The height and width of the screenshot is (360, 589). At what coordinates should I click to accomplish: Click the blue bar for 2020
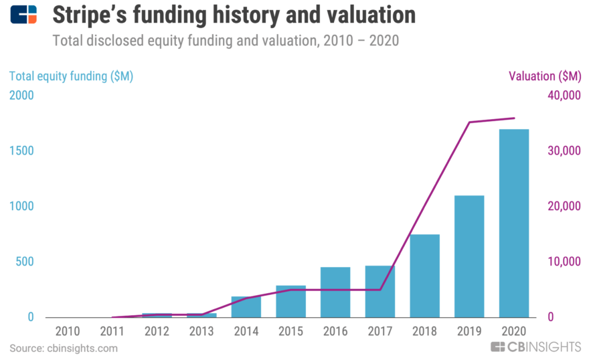[513, 223]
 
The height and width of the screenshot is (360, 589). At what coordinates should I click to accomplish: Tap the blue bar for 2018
[424, 276]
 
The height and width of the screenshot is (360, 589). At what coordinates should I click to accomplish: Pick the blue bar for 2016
[335, 292]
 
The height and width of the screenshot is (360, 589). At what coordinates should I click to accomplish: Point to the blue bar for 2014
[246, 307]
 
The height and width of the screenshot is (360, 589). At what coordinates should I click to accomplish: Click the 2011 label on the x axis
[112, 331]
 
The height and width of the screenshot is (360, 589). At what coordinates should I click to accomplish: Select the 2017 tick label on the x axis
[380, 331]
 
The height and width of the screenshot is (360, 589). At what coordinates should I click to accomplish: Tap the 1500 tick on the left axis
[21, 151]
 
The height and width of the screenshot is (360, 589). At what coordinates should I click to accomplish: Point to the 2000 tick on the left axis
[21, 96]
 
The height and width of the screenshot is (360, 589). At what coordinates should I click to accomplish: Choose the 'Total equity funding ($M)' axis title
[71, 76]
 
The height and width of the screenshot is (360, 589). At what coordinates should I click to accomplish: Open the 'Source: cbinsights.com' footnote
[64, 348]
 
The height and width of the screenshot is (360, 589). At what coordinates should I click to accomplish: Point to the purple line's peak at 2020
[513, 118]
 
